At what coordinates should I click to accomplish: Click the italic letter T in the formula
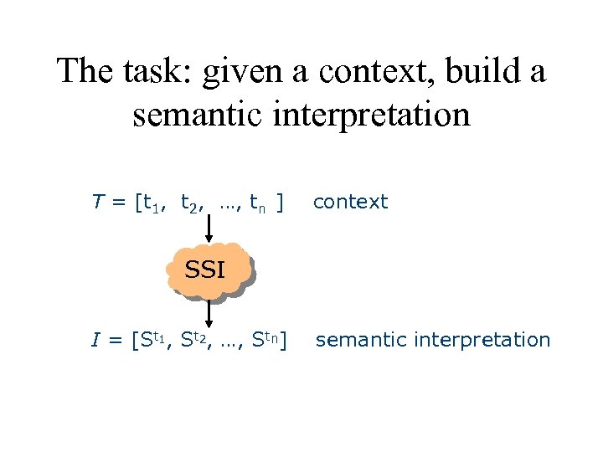tap(97, 202)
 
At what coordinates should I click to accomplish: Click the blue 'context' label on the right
tap(350, 202)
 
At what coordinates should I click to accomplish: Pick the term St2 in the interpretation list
tap(198, 340)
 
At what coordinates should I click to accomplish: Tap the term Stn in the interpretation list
tap(265, 340)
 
